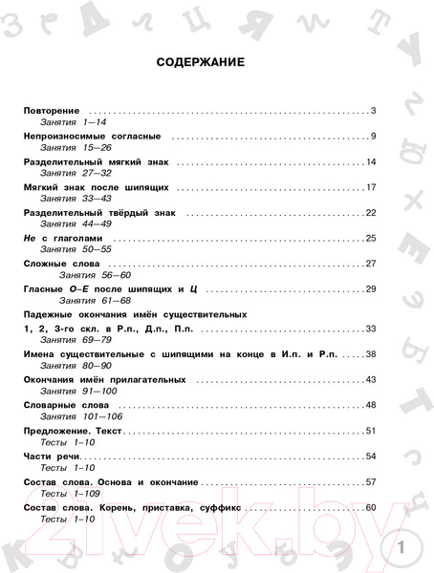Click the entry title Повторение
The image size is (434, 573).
tap(52, 112)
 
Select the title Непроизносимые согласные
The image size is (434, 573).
tap(93, 137)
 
